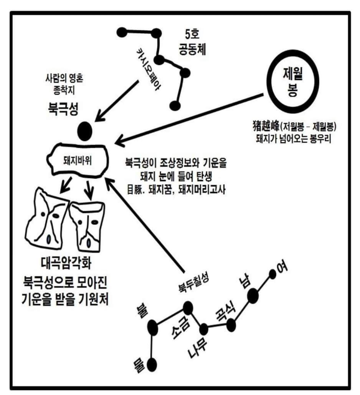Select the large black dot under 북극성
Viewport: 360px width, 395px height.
pos(84,131)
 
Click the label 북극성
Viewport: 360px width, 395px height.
pos(63,109)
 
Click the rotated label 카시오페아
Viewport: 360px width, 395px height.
pos(148,69)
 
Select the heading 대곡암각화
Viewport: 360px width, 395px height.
pos(66,263)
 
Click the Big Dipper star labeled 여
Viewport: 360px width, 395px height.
pos(272,274)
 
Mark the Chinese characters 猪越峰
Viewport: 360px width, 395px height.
pos(266,126)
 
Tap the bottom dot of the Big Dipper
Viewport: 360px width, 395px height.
pos(152,365)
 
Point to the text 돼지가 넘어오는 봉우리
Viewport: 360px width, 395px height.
pos(293,139)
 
